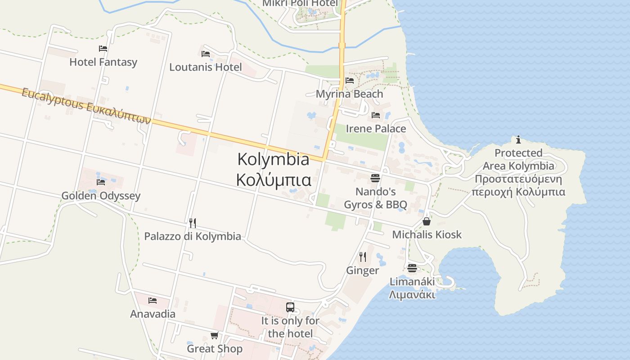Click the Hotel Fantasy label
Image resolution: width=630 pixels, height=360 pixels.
click(x=103, y=62)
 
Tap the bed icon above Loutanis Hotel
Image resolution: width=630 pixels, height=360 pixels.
click(x=206, y=54)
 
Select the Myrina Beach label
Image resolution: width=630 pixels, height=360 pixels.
click(x=349, y=94)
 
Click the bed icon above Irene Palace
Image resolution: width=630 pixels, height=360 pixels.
click(x=376, y=115)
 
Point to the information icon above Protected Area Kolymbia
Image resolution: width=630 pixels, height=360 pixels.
click(x=518, y=139)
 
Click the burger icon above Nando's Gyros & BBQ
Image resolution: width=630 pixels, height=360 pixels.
click(x=375, y=178)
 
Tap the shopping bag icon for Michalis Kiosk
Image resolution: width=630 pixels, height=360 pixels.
click(x=427, y=221)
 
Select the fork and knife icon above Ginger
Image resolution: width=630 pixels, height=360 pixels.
click(x=363, y=257)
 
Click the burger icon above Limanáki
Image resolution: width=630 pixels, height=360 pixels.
click(x=412, y=269)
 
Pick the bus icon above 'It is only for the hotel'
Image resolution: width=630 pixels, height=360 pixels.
click(x=290, y=307)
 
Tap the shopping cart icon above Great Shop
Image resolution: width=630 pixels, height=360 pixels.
click(x=215, y=336)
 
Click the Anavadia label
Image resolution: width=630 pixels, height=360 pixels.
click(x=153, y=314)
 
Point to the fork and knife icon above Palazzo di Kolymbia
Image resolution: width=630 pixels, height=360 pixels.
click(x=193, y=223)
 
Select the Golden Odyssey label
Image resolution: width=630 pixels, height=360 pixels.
click(x=101, y=196)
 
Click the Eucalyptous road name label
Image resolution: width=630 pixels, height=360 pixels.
click(x=85, y=106)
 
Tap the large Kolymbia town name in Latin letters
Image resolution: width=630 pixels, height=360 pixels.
click(x=273, y=159)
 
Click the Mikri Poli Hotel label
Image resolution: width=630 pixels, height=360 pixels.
click(x=300, y=4)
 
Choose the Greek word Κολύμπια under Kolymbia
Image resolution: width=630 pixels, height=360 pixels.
click(x=274, y=180)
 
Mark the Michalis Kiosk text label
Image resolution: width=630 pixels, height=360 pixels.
click(x=427, y=234)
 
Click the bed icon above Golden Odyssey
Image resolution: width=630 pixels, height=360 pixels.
click(x=101, y=182)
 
